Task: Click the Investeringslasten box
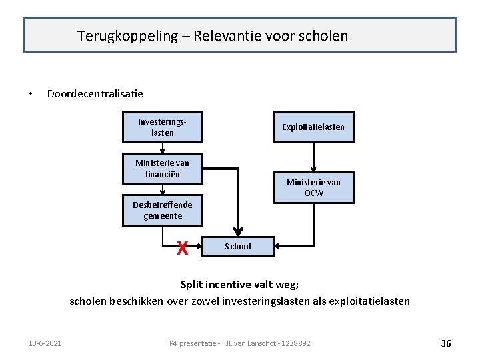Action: click(162, 127)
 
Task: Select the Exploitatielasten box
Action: click(313, 127)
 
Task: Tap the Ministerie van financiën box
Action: click(162, 168)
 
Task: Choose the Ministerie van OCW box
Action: click(313, 187)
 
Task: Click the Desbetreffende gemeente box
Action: click(162, 210)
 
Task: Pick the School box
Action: click(238, 247)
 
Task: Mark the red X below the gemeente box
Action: click(182, 249)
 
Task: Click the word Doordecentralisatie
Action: click(95, 93)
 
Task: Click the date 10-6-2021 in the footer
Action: click(45, 343)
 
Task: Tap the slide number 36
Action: click(446, 343)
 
